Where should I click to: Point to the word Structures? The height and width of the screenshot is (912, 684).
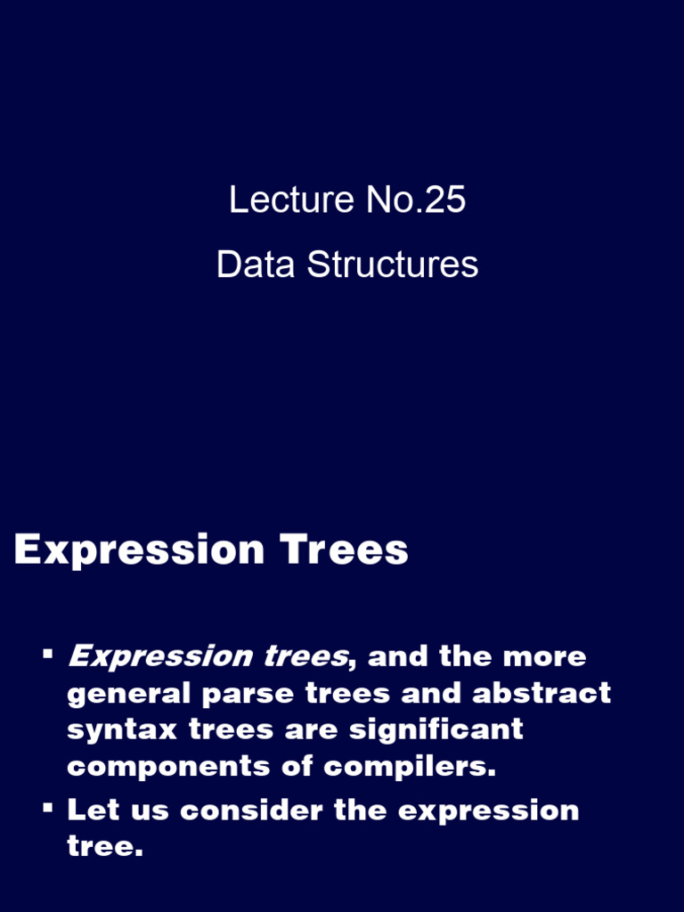393,265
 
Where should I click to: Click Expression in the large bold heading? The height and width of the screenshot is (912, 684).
139,551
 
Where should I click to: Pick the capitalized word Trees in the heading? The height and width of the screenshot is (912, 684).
345,550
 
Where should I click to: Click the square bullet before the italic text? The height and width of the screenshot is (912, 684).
47,655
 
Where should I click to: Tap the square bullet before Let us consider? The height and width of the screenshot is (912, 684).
47,809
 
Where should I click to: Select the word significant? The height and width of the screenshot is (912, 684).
436,730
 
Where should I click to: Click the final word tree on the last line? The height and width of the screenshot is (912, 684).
103,847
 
